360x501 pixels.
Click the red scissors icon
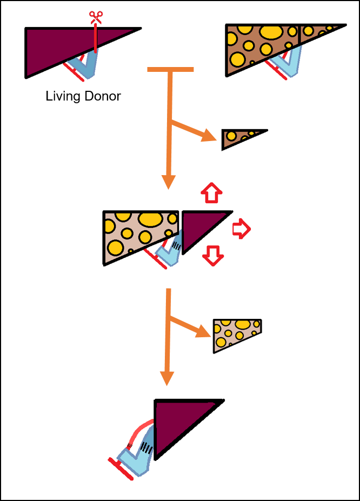(x=96, y=17)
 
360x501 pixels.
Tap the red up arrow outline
(x=211, y=191)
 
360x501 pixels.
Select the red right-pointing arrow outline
(x=241, y=230)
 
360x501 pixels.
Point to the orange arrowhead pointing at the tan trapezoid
(x=204, y=330)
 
